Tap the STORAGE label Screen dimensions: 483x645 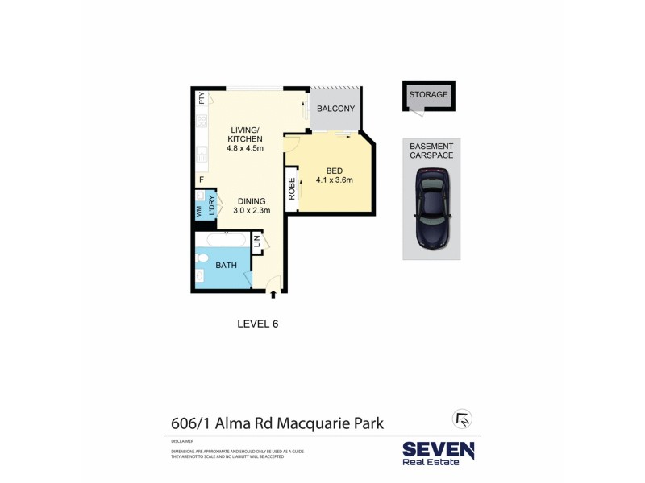click(427, 94)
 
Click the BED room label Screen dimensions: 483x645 click(335, 170)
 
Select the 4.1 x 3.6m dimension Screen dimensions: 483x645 click(335, 180)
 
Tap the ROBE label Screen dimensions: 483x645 click(291, 188)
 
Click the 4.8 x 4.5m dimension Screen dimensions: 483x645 click(246, 148)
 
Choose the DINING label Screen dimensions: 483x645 click(250, 201)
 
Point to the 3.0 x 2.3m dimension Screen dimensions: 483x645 click(250, 211)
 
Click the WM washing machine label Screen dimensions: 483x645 click(198, 211)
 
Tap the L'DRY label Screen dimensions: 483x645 click(210, 205)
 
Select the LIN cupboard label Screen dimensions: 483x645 click(257, 242)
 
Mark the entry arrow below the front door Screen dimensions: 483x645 click(273, 295)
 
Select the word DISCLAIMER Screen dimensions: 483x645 click(181, 441)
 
